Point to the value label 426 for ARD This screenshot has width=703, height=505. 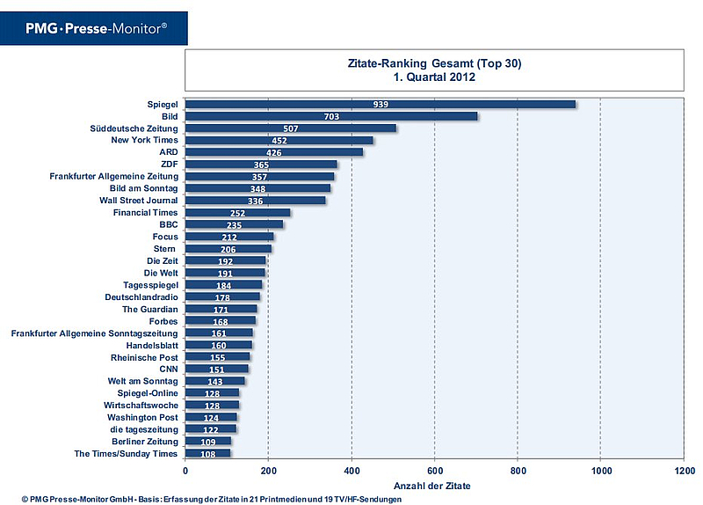pos(272,152)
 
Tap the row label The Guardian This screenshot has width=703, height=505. pos(149,310)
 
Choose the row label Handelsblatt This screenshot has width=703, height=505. pos(152,346)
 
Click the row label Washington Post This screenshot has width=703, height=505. pos(142,417)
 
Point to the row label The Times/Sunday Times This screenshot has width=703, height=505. pos(125,453)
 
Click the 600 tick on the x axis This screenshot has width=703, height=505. pos(434,470)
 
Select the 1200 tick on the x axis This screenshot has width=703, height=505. pos(683,470)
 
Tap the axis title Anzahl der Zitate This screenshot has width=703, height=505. pos(434,485)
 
